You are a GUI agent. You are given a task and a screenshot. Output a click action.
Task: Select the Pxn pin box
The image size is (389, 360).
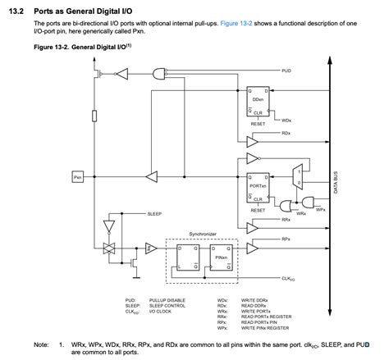(x=77, y=176)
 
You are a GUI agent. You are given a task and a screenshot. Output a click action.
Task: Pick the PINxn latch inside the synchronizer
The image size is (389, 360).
(x=221, y=257)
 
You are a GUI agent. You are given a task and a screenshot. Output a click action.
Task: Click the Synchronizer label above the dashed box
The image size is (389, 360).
(x=202, y=234)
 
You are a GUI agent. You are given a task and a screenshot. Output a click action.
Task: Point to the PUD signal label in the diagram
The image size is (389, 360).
(x=285, y=71)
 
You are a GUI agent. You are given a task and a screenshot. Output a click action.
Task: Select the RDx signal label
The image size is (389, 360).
(x=286, y=132)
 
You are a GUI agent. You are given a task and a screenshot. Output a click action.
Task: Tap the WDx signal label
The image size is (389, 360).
(x=286, y=120)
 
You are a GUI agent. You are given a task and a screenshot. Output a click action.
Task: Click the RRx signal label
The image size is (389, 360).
(x=286, y=219)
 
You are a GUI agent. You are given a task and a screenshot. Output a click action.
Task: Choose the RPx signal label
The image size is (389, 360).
(x=286, y=239)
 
